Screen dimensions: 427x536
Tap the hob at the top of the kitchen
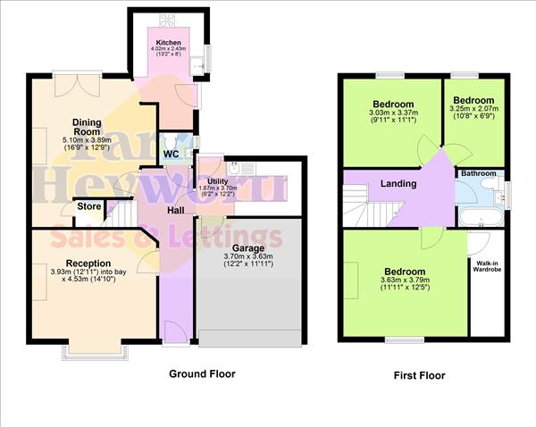168,19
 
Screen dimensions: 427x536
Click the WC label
172,154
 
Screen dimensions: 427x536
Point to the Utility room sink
235,166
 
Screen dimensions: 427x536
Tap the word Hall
175,211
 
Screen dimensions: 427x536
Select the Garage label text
249,247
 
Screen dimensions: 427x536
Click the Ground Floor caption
202,374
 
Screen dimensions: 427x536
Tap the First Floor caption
419,376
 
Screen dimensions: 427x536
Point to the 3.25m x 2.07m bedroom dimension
473,113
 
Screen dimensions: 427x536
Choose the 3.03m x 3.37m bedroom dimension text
392,113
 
